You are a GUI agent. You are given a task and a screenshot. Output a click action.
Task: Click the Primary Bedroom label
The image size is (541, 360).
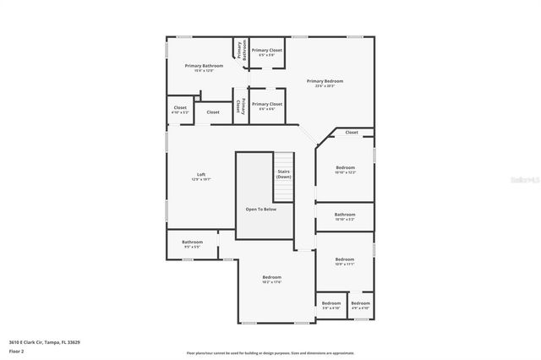[329, 81]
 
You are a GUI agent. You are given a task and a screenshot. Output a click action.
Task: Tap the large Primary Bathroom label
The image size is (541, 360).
[204, 66]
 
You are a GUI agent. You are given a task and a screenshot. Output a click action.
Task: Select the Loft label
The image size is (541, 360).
[200, 175]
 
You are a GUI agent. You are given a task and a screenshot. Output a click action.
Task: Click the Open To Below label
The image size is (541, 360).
[261, 209]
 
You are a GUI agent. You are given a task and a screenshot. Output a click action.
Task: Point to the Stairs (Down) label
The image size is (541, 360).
[284, 174]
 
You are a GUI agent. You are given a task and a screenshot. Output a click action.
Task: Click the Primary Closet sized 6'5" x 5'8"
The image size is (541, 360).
[266, 51]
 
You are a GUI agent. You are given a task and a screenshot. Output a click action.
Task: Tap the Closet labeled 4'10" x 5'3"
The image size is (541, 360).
[180, 108]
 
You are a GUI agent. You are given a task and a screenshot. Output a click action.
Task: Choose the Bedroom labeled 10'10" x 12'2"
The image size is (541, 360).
[344, 169]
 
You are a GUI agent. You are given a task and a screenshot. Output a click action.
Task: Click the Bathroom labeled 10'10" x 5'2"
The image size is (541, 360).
[344, 215]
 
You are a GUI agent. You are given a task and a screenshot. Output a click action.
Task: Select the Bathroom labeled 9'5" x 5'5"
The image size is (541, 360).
[192, 243]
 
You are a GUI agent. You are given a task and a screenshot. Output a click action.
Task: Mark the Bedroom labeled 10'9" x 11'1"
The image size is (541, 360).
[344, 260]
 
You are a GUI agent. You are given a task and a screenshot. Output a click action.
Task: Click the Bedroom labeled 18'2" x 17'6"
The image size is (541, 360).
[271, 278]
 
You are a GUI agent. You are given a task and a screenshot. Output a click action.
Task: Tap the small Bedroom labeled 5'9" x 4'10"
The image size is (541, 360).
[331, 304]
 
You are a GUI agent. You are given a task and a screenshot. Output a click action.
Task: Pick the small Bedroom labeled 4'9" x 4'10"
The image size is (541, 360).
[361, 304]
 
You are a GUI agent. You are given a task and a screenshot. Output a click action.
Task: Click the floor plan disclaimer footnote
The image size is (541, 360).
[270, 352]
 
